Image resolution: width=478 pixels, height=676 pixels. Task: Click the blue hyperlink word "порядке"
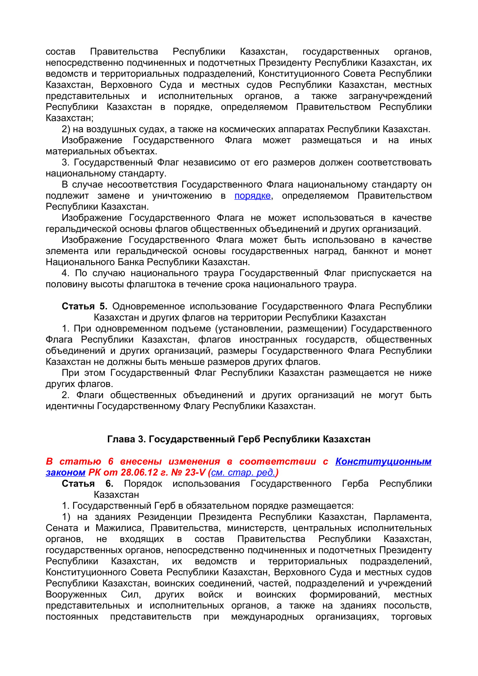[x=252, y=196]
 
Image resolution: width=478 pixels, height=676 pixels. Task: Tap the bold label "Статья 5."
[x=84, y=306]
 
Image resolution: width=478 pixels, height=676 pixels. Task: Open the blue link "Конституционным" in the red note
[x=383, y=461]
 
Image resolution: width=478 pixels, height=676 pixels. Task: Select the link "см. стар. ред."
[x=243, y=473]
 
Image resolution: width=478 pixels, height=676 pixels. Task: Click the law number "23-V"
[x=195, y=473]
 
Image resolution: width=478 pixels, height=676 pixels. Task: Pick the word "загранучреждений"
[x=390, y=96]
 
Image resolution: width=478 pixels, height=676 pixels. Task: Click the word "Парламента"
[x=402, y=517]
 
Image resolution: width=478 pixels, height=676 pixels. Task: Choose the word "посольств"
[x=407, y=606]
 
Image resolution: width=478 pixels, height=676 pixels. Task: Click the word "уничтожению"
[x=182, y=196]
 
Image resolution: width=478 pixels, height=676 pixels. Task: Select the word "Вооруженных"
[x=76, y=594]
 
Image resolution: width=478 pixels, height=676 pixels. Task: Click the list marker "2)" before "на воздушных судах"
[x=66, y=129]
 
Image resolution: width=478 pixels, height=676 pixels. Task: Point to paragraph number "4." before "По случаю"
[x=66, y=273]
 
